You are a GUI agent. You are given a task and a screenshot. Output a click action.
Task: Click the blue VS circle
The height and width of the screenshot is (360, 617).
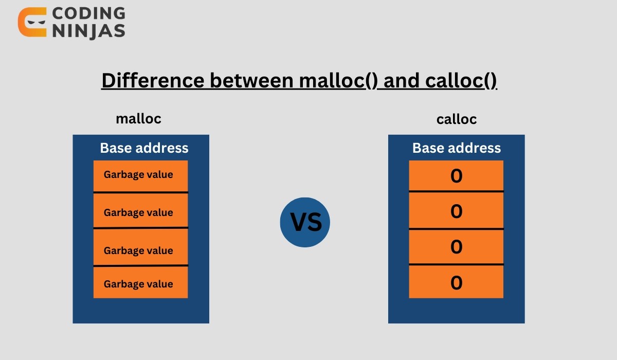305,222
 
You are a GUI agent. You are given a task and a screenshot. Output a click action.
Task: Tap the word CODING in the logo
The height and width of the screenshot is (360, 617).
88,13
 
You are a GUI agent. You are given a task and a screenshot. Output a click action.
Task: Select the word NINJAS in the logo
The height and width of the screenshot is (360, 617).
88,30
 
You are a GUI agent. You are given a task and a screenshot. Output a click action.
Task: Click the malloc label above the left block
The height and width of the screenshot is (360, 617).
139,119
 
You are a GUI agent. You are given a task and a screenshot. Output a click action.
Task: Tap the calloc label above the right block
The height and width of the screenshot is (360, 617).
457,119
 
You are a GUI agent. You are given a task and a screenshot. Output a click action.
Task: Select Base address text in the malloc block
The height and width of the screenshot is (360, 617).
144,148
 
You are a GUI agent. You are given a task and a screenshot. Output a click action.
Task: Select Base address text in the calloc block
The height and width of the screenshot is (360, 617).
457,148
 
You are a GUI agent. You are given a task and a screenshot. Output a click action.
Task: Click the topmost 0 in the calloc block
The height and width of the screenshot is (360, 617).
456,176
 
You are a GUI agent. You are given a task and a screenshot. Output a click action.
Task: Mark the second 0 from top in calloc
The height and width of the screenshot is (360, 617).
456,211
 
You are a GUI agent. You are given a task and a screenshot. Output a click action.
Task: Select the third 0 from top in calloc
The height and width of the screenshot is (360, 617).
456,247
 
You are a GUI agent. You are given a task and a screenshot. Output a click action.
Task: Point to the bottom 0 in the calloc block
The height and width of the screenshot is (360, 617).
456,282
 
